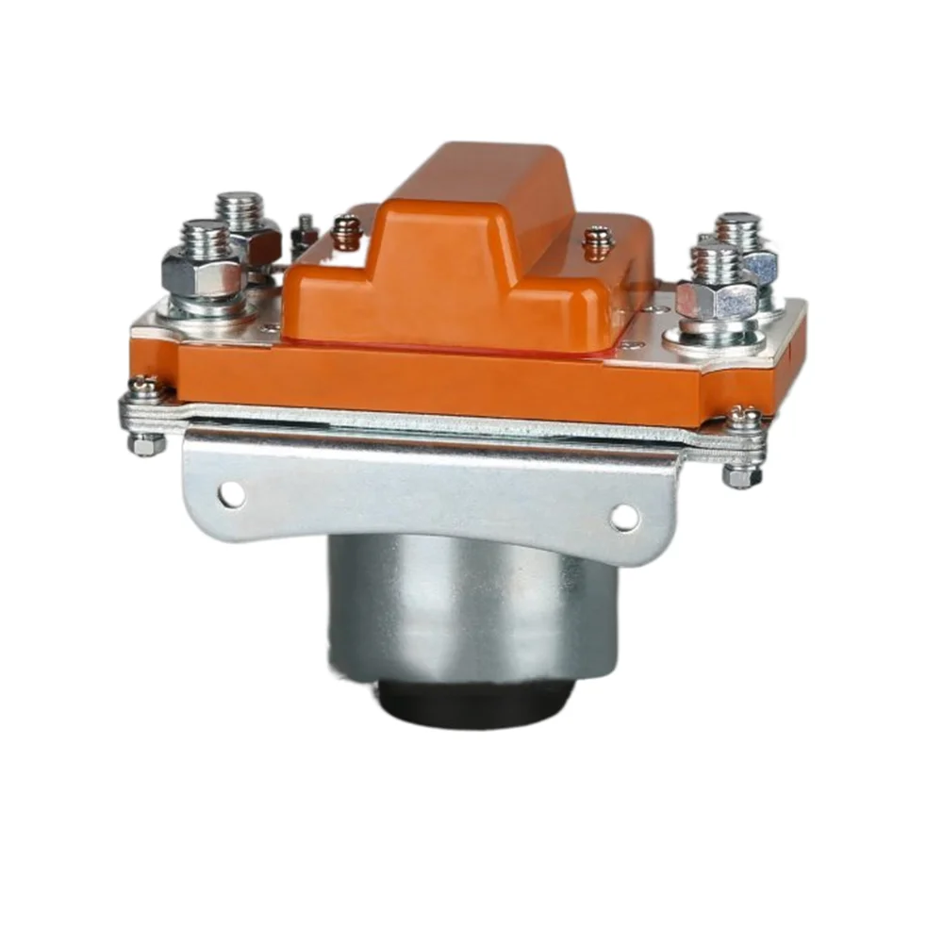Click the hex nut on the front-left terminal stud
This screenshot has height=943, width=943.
pos(201,273)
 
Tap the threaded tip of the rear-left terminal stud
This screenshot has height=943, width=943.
pos(239,207)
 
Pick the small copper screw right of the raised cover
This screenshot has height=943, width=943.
pos(596,241)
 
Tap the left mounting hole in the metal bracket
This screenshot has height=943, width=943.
pos(230,491)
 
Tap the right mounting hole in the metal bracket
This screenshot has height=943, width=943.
pos(624,515)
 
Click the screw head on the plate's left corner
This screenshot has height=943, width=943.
pos(144,386)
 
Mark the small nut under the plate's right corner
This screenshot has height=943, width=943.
pos(741,476)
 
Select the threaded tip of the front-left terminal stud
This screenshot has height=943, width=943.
pos(202,235)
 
